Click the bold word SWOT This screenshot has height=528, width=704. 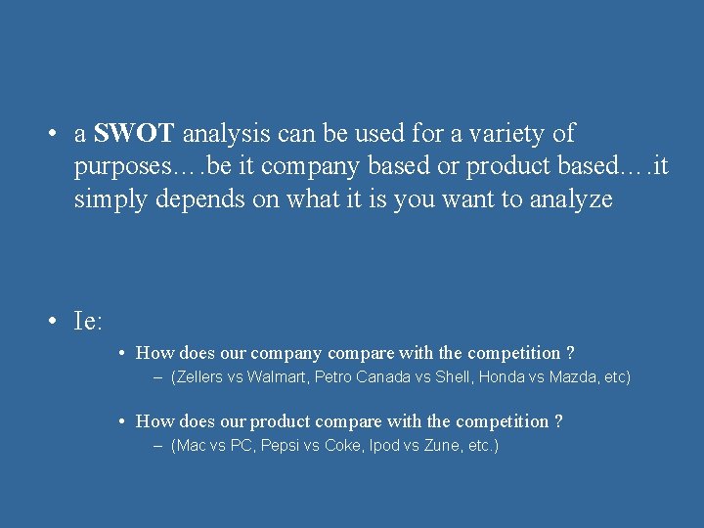134,133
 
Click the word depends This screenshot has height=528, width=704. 208,199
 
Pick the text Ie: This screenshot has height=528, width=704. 89,320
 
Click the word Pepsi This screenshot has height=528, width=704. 279,445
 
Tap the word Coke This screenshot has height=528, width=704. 342,445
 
